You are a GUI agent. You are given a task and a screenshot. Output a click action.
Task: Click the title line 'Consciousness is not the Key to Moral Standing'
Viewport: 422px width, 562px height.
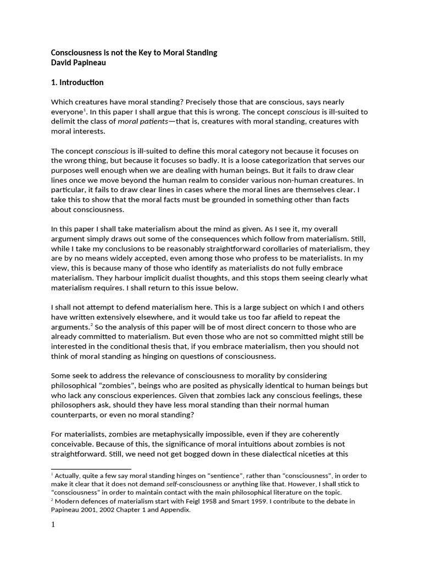(x=134, y=53)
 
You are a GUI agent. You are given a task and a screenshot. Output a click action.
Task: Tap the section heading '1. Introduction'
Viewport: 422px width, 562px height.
(x=77, y=82)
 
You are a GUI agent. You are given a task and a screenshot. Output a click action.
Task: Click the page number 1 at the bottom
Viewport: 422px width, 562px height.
(x=53, y=525)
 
